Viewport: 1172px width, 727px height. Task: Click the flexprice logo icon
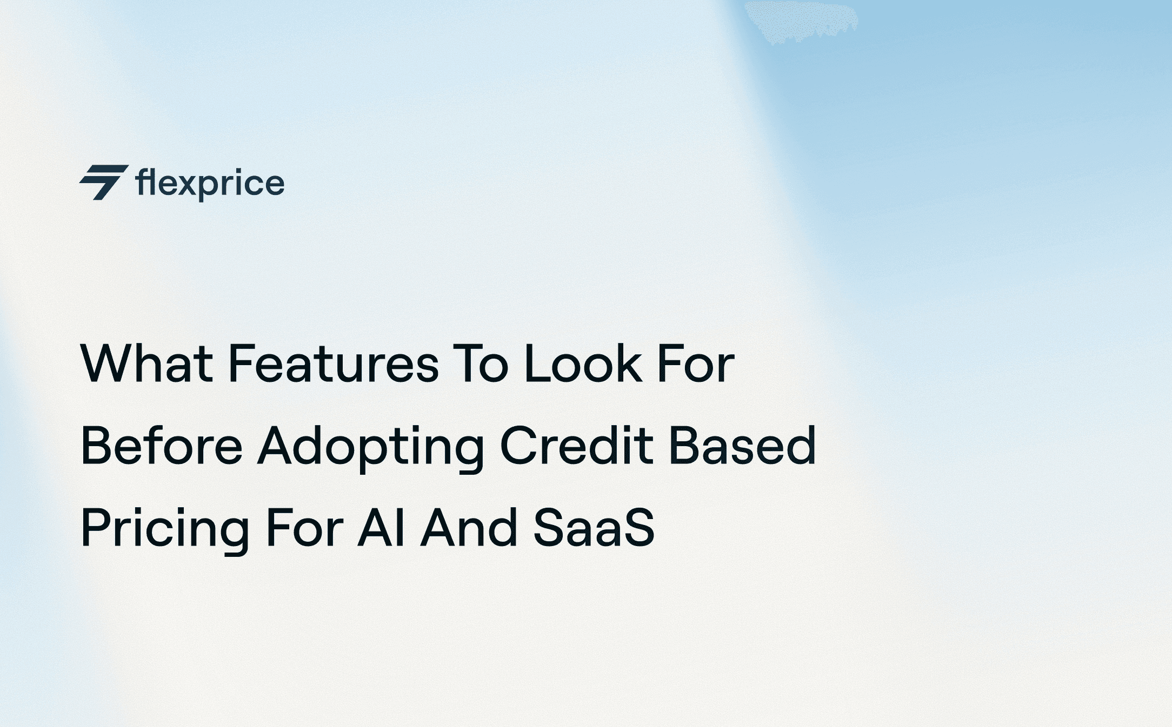[104, 183]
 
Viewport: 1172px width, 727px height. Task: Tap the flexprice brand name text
[210, 184]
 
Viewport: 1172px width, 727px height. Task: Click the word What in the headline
[146, 364]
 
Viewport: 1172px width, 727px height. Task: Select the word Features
[333, 364]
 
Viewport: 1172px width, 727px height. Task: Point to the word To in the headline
[481, 364]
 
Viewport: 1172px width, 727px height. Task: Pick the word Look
[583, 364]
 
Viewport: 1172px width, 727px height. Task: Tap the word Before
[162, 446]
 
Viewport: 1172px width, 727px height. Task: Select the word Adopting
[371, 447]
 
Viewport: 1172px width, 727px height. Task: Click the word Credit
[577, 446]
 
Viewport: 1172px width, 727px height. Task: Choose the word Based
[743, 446]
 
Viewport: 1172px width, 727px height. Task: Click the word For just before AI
[304, 528]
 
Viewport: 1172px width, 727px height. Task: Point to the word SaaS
[594, 528]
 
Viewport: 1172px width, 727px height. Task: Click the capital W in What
[109, 364]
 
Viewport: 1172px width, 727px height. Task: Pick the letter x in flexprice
[188, 184]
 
